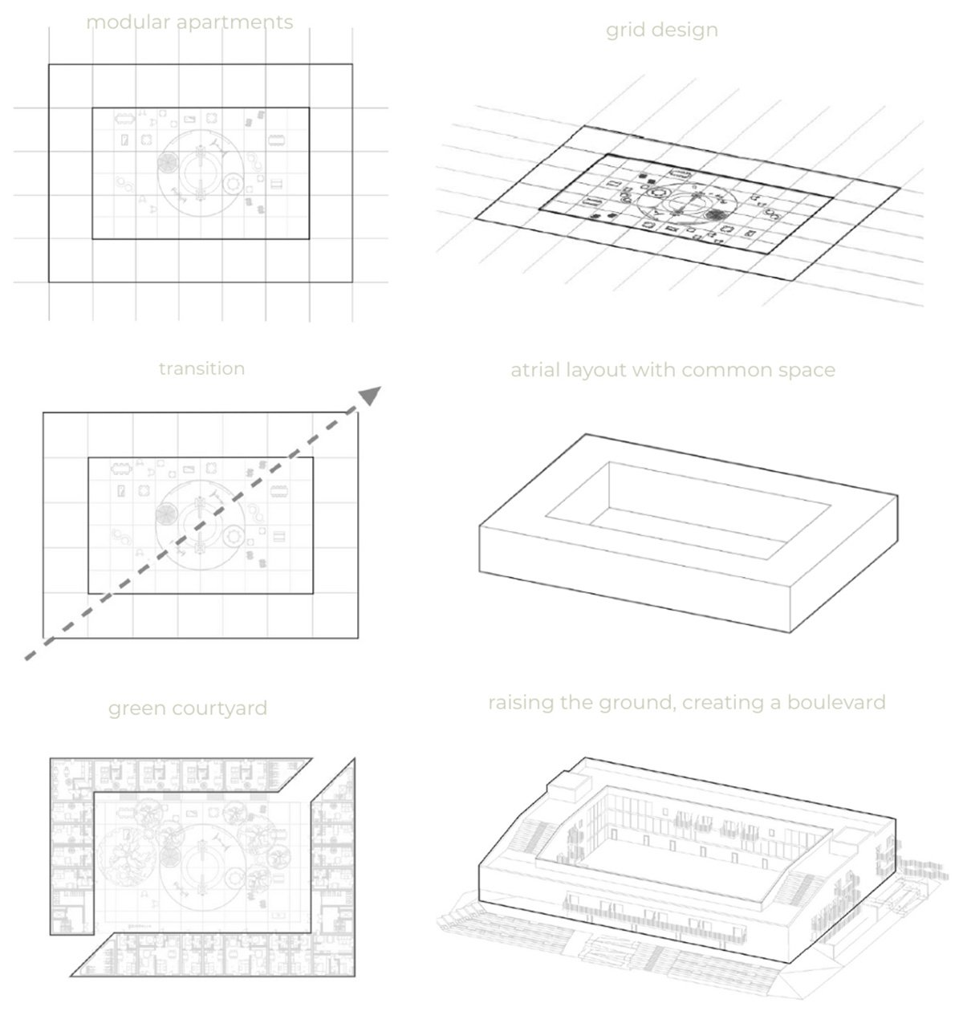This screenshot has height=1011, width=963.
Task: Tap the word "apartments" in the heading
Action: tap(235, 23)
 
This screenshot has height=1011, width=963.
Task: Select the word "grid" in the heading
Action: tap(625, 30)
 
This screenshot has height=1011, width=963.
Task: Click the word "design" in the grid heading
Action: tap(685, 30)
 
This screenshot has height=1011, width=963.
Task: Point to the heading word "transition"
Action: tap(201, 369)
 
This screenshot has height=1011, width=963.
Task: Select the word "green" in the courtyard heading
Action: tap(137, 709)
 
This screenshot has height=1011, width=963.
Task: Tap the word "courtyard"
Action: tap(220, 709)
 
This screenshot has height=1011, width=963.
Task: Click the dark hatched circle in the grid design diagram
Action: tap(713, 216)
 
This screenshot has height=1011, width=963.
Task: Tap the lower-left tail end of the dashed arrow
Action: tap(26, 658)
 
